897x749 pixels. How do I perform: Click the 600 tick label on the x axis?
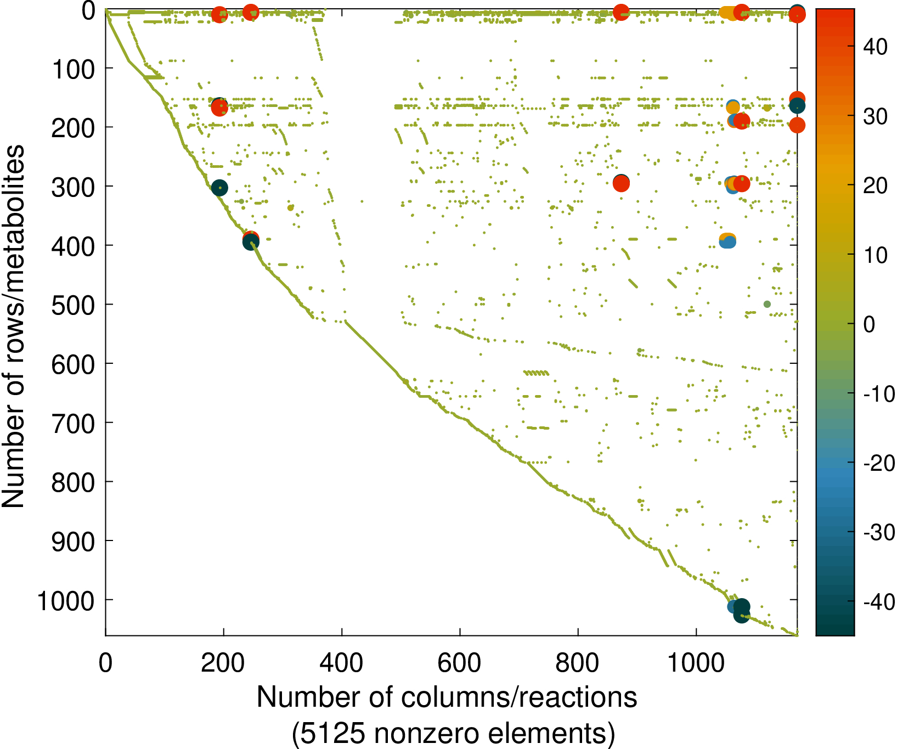click(x=459, y=663)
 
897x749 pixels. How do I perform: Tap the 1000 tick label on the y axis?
click(x=66, y=601)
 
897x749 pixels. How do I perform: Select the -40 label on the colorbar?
click(x=879, y=602)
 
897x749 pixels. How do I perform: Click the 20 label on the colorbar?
click(x=875, y=185)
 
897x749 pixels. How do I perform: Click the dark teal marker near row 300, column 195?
click(x=219, y=188)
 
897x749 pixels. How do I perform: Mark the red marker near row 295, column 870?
click(x=621, y=184)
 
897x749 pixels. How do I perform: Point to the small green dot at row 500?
click(x=767, y=304)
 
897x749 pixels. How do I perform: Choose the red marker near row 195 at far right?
click(x=797, y=125)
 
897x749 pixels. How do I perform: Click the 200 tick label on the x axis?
click(x=223, y=663)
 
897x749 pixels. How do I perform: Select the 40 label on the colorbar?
click(x=875, y=47)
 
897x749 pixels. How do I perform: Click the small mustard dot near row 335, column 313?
click(x=290, y=207)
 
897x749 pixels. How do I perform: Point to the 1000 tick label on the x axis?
click(x=696, y=663)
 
